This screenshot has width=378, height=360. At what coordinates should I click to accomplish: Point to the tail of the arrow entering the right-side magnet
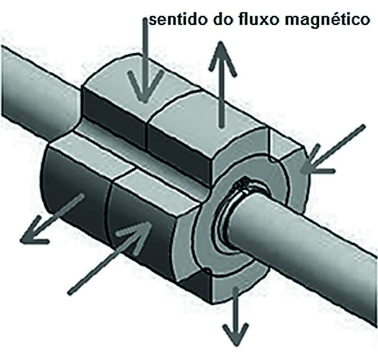click(364, 126)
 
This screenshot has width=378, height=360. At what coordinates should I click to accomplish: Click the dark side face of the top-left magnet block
click(113, 120)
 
